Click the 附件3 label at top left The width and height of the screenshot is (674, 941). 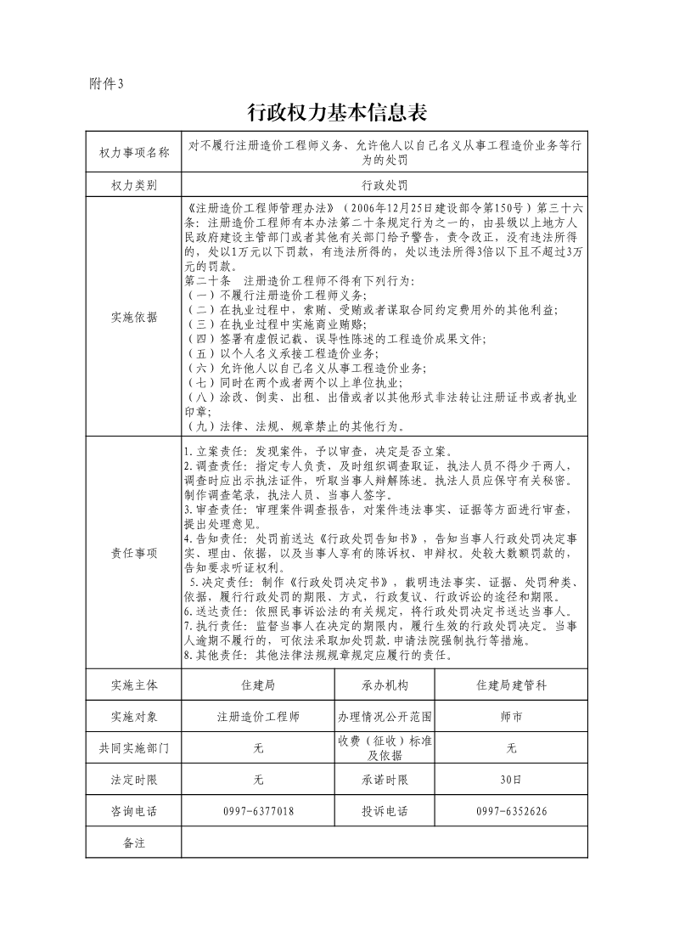[x=106, y=83]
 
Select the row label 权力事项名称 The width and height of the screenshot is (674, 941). [x=134, y=153]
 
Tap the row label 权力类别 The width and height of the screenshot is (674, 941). [x=134, y=184]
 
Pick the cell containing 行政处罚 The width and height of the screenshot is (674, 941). [x=384, y=184]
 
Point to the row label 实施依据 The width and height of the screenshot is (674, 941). [x=134, y=317]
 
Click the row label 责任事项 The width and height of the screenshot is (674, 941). [x=134, y=552]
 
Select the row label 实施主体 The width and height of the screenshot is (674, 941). [x=134, y=685]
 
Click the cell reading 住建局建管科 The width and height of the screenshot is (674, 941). [x=511, y=685]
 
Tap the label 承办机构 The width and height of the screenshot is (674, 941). [x=385, y=685]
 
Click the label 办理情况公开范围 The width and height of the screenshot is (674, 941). [x=385, y=717]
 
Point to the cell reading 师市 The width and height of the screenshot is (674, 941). [x=511, y=717]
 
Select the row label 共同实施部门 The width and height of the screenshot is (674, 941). [x=134, y=748]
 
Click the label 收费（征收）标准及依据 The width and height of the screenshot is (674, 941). [x=385, y=748]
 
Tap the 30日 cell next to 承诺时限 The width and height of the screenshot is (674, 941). [x=511, y=780]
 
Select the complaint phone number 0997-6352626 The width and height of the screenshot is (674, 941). [x=511, y=811]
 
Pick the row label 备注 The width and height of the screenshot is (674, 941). [x=134, y=842]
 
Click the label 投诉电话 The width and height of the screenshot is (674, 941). [x=385, y=811]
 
